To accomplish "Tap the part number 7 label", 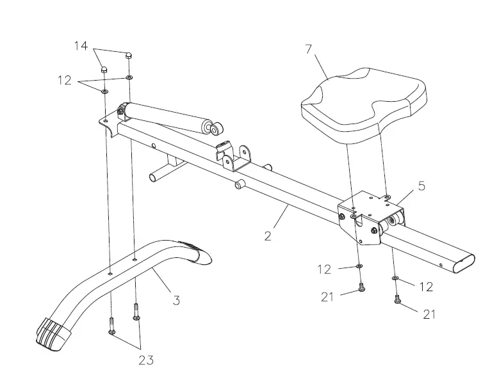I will [x=309, y=49].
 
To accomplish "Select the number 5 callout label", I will [x=421, y=186].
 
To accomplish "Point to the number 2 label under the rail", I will [x=268, y=235].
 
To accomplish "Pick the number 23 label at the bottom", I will [x=146, y=360].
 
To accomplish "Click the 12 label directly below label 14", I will [x=64, y=81].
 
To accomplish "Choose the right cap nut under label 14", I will [x=129, y=56].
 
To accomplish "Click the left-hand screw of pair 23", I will [x=111, y=324].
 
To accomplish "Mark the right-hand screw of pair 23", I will [x=136, y=312].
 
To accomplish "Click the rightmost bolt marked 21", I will [x=397, y=298].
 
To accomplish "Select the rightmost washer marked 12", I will [x=395, y=278].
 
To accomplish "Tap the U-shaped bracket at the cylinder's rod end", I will [x=234, y=156].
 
